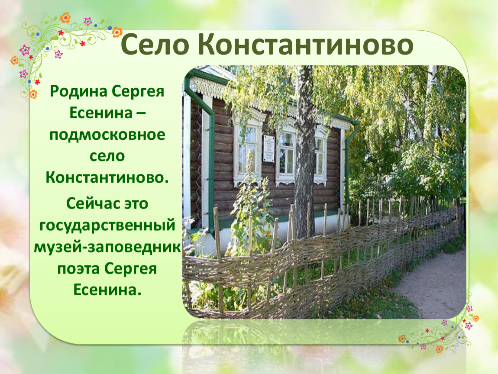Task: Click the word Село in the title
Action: pyautogui.click(x=155, y=45)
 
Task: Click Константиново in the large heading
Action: pyautogui.click(x=306, y=45)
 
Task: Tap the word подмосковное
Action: pyautogui.click(x=107, y=135)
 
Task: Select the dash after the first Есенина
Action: pyautogui.click(x=140, y=113)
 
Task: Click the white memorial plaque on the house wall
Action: pyautogui.click(x=268, y=148)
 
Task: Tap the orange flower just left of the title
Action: pyautogui.click(x=117, y=32)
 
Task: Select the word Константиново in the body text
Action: pyautogui.click(x=107, y=177)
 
